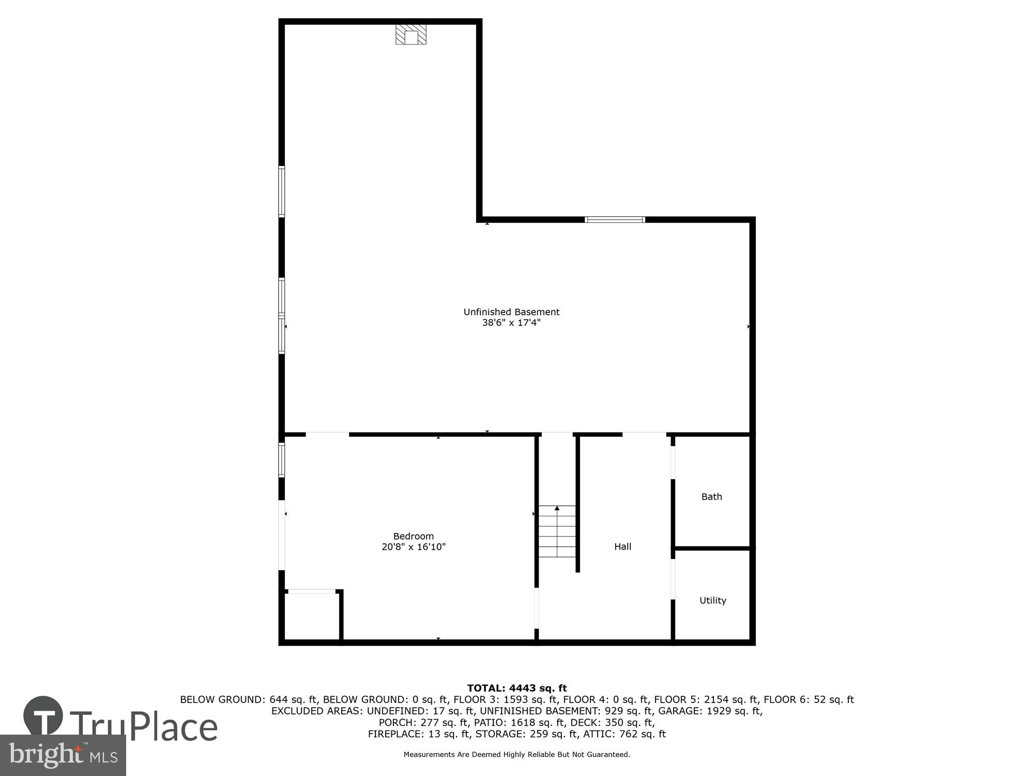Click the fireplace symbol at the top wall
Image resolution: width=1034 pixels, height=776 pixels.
click(x=411, y=34)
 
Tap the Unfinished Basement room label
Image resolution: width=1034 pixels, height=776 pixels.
click(x=511, y=312)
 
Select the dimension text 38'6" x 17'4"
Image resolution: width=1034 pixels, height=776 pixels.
click(x=511, y=323)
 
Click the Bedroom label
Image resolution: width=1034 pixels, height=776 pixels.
click(x=413, y=536)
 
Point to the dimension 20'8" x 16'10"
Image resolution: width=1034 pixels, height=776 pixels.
click(x=413, y=547)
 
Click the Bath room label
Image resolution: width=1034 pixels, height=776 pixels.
click(x=711, y=497)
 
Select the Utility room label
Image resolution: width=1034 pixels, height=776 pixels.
click(x=712, y=600)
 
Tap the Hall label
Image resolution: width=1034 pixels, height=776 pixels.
click(x=622, y=546)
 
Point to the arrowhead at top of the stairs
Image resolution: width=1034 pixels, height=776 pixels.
click(x=557, y=509)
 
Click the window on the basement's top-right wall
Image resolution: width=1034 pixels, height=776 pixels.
click(x=615, y=219)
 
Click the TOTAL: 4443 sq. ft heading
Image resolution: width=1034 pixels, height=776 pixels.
click(x=516, y=688)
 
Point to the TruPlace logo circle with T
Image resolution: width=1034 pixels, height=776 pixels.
click(x=43, y=717)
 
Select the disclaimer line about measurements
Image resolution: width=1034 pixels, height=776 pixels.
click(x=516, y=755)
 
